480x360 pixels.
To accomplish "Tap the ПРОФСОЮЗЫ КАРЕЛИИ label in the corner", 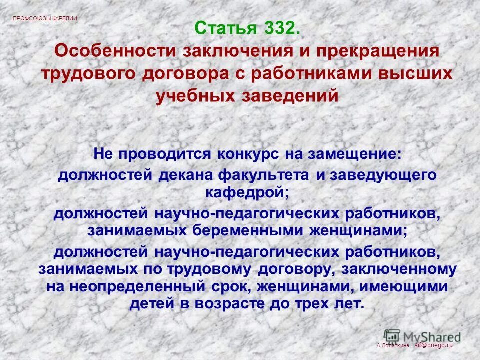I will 45,18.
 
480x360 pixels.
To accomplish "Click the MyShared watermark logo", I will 422,335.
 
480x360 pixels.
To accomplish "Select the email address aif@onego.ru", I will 433,345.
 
